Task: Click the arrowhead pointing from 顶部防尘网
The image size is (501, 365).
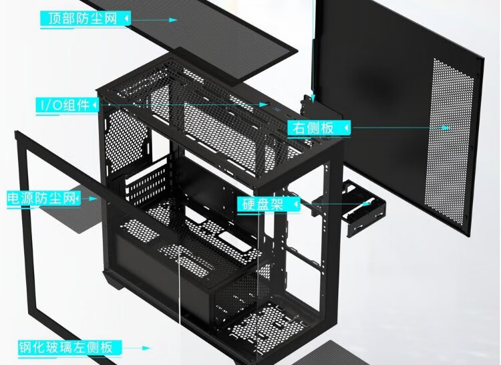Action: point(173,20)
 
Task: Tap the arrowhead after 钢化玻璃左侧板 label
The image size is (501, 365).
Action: point(146,348)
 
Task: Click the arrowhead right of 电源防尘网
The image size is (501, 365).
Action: point(93,199)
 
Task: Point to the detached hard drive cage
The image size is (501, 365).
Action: point(364,209)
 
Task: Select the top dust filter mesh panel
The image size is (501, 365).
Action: point(188,38)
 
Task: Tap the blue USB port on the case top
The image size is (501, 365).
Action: point(275,110)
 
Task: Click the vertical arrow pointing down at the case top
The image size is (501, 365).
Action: point(313,51)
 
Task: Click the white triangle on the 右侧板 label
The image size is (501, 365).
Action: point(346,128)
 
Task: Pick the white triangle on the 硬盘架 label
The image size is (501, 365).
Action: point(296,205)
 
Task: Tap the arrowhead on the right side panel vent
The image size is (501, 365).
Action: point(446,128)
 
